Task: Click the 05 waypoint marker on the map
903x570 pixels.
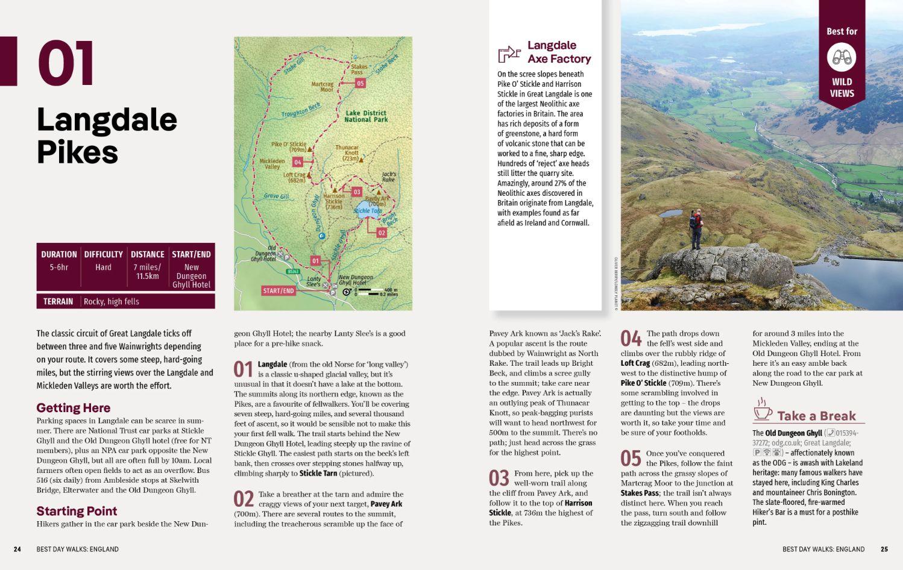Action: point(360,83)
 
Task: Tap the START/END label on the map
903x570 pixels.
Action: point(278,290)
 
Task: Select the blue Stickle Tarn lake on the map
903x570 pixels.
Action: point(367,211)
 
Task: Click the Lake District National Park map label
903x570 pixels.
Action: point(366,116)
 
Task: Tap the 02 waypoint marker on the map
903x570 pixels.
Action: point(381,233)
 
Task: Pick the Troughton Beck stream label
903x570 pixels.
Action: point(300,110)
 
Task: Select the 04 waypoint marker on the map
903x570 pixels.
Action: point(297,162)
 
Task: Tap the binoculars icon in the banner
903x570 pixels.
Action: point(842,58)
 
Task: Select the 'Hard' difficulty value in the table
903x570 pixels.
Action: point(103,267)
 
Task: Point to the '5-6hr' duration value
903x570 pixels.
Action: point(58,267)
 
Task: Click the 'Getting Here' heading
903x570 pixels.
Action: point(73,408)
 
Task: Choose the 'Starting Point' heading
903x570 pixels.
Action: point(77,511)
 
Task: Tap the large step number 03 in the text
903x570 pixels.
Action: point(499,478)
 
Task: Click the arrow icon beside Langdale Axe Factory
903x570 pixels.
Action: point(509,54)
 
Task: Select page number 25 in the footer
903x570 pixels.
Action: point(884,549)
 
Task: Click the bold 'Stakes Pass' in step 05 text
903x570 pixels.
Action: point(640,493)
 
